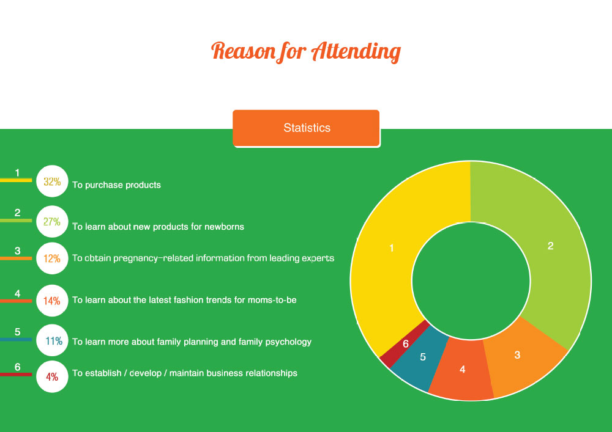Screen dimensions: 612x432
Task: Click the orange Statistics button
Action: point(306,128)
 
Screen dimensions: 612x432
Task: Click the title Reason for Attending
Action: point(306,52)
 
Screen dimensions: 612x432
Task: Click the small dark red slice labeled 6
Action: point(405,344)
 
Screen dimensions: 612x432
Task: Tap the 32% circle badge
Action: point(52,181)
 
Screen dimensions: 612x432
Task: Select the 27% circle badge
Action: point(52,222)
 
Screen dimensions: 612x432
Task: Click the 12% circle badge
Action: point(52,258)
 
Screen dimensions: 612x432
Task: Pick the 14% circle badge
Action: point(52,301)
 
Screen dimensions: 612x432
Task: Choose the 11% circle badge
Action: point(52,340)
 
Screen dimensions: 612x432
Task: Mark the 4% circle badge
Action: point(52,376)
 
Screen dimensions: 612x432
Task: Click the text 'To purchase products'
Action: point(116,185)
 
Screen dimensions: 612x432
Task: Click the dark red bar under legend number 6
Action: point(16,375)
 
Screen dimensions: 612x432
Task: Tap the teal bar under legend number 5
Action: point(16,339)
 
